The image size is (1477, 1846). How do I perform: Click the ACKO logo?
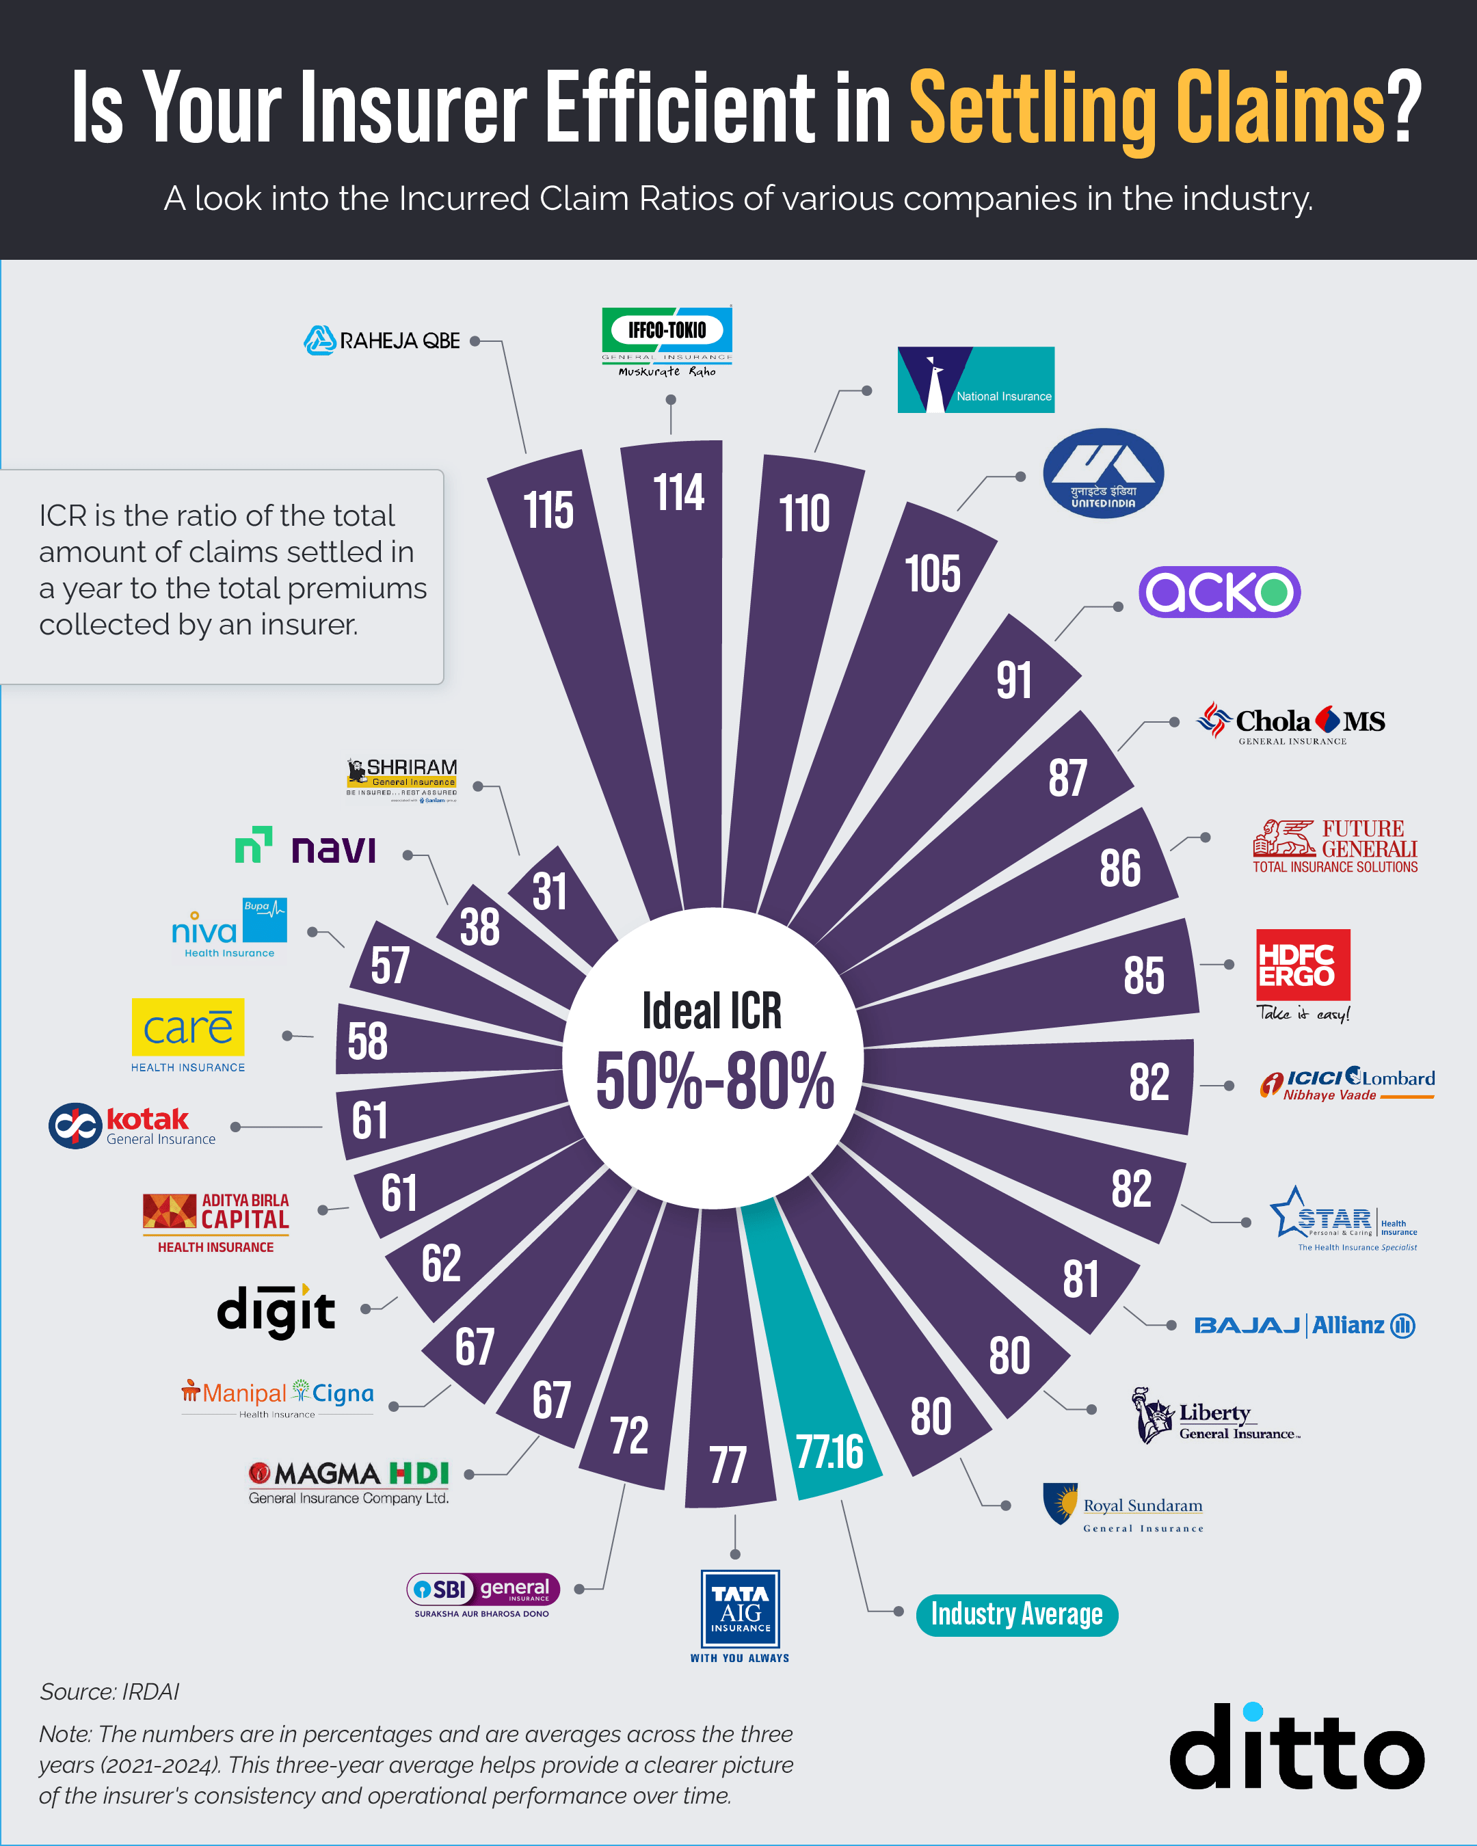1219,591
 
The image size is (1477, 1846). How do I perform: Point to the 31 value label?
550,892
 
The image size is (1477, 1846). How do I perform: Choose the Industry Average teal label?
1016,1615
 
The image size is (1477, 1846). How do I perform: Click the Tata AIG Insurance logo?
740,1609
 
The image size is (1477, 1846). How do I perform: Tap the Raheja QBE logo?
382,340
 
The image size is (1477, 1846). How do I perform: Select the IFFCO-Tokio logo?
667,340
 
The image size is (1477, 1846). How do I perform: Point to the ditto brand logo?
1296,1747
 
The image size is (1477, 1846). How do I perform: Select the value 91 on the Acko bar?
1014,681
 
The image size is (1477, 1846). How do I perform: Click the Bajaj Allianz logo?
1304,1326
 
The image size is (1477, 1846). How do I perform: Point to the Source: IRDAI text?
109,1692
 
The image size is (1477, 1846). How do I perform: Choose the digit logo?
276,1310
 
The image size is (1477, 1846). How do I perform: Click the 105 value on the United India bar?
933,573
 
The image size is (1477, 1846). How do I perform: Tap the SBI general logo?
483,1592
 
